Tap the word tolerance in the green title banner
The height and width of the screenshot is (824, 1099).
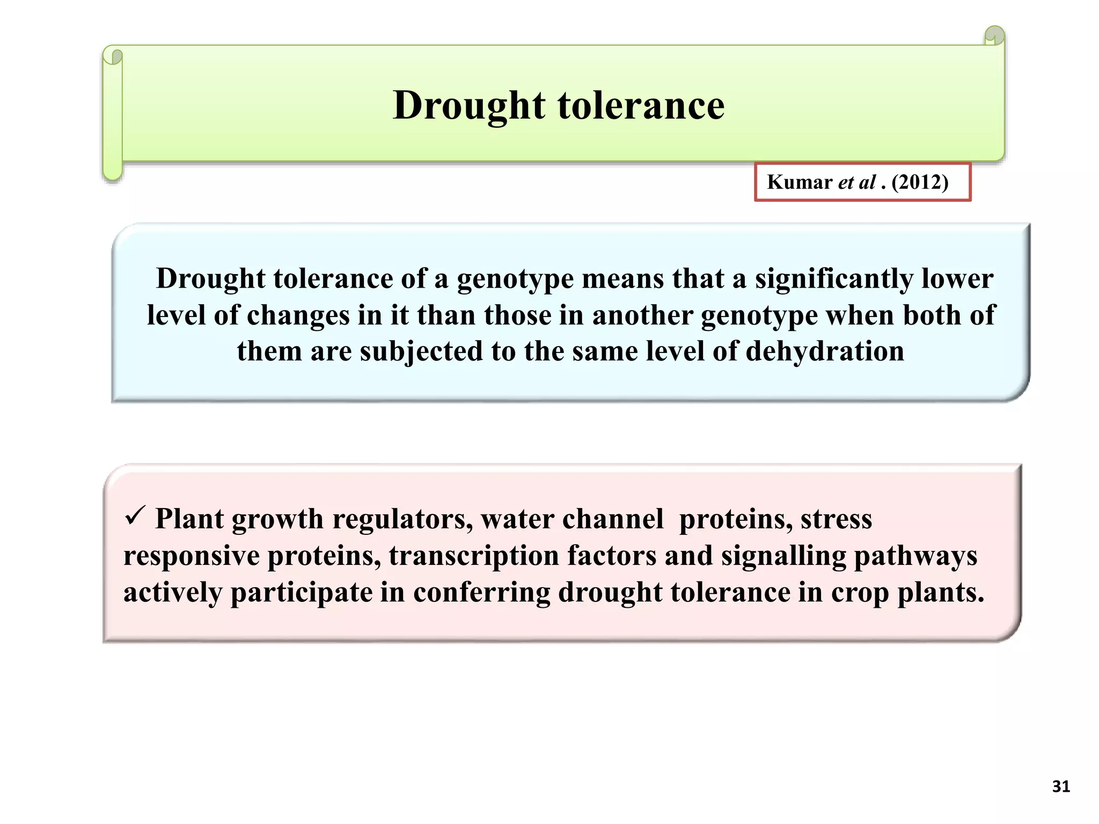click(x=641, y=106)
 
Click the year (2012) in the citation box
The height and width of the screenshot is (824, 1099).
click(x=920, y=182)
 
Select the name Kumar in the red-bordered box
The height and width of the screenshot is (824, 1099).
click(x=799, y=182)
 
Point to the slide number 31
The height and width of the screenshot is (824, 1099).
click(x=1061, y=786)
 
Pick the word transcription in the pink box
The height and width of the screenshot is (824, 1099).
click(x=474, y=556)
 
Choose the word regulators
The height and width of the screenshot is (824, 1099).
click(x=402, y=519)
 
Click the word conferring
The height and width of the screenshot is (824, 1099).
click(x=481, y=592)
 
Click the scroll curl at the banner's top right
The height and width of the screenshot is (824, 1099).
click(x=994, y=36)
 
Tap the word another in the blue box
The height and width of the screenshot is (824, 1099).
click(x=642, y=315)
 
